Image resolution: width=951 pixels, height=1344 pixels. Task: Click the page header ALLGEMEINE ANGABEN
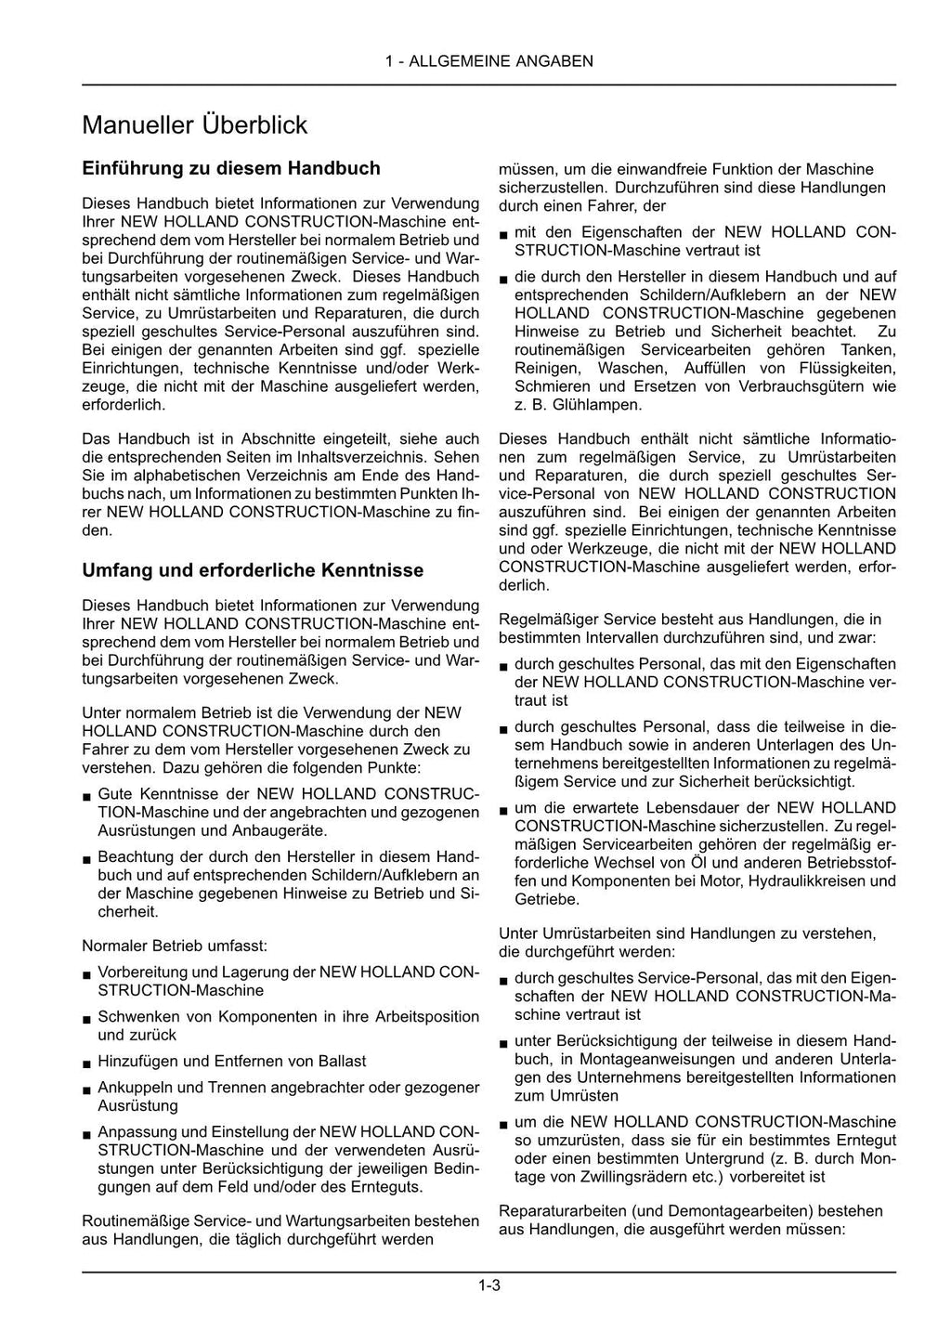pyautogui.click(x=489, y=61)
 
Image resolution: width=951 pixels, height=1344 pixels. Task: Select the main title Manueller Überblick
pyautogui.click(x=194, y=124)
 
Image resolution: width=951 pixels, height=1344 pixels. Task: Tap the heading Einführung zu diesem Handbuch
pyautogui.click(x=231, y=168)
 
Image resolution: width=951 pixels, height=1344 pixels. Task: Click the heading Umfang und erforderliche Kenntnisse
pyautogui.click(x=253, y=569)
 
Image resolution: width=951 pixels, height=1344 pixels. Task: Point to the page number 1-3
pyautogui.click(x=489, y=1285)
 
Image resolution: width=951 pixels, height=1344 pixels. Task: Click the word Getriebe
pyautogui.click(x=547, y=899)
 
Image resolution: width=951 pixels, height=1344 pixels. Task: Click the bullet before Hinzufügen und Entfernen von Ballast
pyautogui.click(x=85, y=1063)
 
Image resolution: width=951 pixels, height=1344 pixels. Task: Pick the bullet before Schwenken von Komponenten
pyautogui.click(x=85, y=1018)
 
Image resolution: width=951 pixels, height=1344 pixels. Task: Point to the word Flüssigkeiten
pyautogui.click(x=842, y=368)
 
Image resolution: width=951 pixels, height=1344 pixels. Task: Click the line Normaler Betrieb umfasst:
pyautogui.click(x=175, y=946)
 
